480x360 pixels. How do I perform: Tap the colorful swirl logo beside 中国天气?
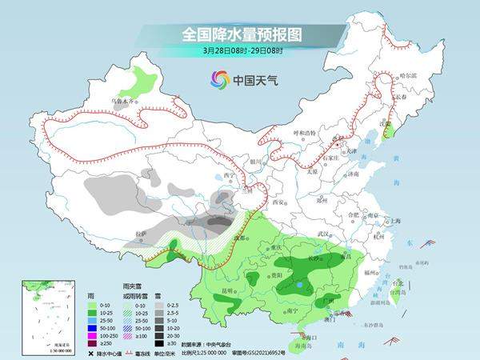pyautogui.click(x=219, y=78)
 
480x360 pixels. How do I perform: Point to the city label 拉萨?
pyautogui.click(x=141, y=233)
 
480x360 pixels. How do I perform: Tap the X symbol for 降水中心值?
pyautogui.click(x=92, y=353)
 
